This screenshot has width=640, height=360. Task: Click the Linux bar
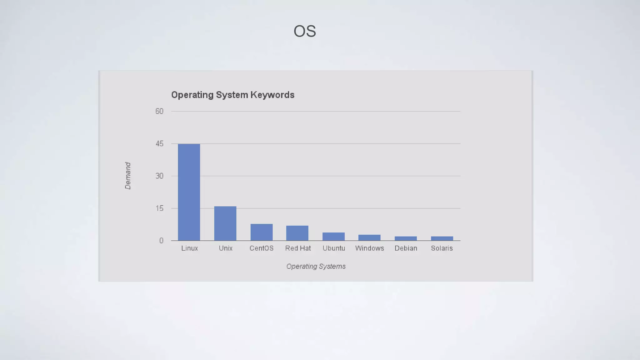tap(189, 192)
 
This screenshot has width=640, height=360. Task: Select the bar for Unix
tap(225, 223)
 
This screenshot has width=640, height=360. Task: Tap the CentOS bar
tap(262, 232)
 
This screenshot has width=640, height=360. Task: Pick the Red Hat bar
tap(297, 233)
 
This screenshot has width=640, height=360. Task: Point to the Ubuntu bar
tap(333, 237)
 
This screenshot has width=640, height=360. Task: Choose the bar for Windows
tap(369, 238)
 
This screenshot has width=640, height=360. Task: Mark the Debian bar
tap(406, 238)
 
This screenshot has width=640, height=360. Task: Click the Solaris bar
tap(442, 238)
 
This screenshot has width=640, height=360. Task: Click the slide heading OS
tap(305, 31)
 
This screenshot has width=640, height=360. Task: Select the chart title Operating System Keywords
tap(233, 95)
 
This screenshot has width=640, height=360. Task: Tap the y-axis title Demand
tap(128, 176)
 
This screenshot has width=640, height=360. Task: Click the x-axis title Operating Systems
tap(316, 267)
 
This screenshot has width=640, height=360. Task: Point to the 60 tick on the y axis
tap(159, 111)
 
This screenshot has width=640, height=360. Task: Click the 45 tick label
tap(159, 144)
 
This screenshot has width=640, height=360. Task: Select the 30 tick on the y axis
tap(159, 176)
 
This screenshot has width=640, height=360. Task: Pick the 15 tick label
tap(159, 208)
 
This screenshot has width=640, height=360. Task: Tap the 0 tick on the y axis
tap(161, 241)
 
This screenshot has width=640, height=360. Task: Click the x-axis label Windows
tap(369, 248)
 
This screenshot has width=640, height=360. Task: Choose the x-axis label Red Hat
tap(298, 248)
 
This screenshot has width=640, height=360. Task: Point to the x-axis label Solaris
tap(442, 248)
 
